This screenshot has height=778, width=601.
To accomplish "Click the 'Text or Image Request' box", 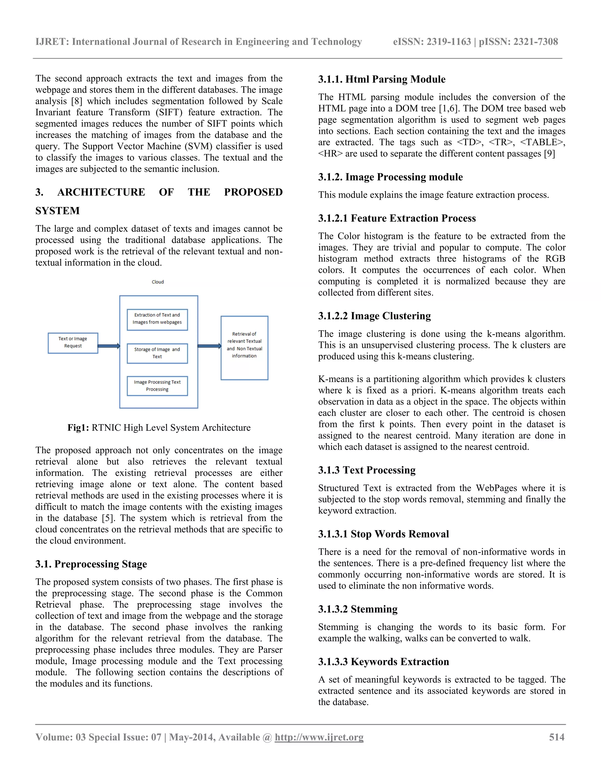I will [73, 343].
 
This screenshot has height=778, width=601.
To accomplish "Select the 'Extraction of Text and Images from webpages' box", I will [157, 319].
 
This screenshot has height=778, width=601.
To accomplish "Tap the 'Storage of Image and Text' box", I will [157, 353].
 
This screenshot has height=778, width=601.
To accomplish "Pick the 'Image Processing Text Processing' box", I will [157, 386].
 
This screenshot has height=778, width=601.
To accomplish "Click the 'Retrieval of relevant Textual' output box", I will [244, 347].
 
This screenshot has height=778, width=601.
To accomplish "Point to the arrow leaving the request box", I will [109, 346].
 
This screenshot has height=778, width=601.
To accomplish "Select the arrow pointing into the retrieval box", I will [209, 346].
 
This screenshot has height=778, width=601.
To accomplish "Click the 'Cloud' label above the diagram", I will [158, 282].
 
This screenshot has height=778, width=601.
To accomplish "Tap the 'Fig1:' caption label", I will [78, 427].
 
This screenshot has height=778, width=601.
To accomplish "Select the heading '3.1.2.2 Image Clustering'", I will [374, 316].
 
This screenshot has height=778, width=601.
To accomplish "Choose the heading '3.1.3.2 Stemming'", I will [358, 609].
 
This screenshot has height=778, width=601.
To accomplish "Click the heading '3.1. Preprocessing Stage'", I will [91, 564].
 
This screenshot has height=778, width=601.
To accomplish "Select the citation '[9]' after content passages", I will [549, 154].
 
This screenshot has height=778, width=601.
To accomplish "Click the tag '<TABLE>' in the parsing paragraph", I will [542, 142].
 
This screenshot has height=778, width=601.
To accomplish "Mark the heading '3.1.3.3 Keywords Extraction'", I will [384, 661].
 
